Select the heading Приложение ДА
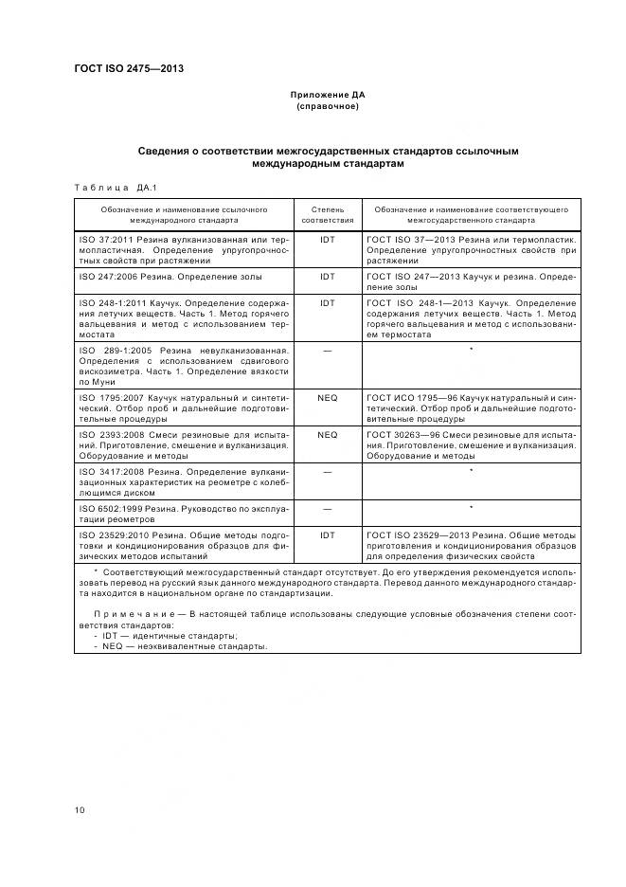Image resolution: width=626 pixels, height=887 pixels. pyautogui.click(x=327, y=96)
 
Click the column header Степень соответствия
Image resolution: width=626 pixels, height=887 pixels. pyautogui.click(x=328, y=213)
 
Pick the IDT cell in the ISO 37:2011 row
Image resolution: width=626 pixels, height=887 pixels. pyautogui.click(x=328, y=240)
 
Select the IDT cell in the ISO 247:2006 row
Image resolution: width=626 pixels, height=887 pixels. pyautogui.click(x=328, y=277)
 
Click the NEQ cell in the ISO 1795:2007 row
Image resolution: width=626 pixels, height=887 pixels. pyautogui.click(x=328, y=398)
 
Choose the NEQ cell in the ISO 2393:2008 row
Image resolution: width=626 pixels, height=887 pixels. pyautogui.click(x=328, y=435)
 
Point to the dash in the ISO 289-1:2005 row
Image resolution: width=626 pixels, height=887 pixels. pyautogui.click(x=328, y=351)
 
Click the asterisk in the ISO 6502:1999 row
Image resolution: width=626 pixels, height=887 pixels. pyautogui.click(x=471, y=508)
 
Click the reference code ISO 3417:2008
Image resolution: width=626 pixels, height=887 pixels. pyautogui.click(x=110, y=471)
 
